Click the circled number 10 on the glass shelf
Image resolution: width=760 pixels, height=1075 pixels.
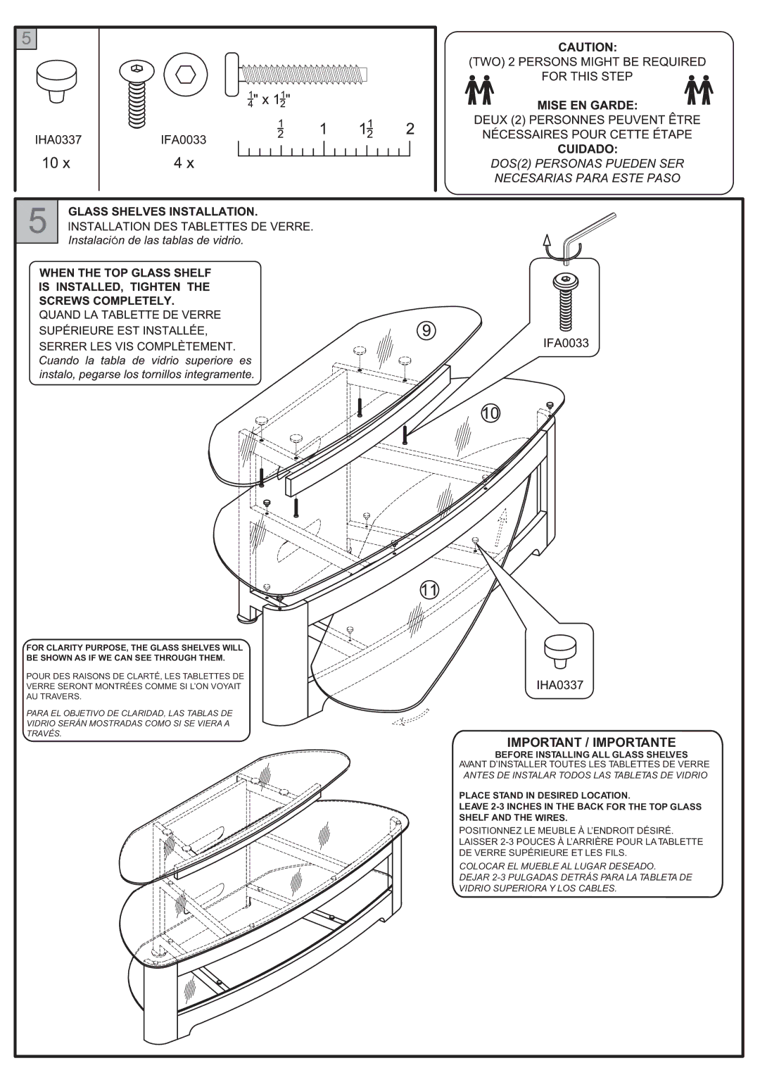tap(490, 413)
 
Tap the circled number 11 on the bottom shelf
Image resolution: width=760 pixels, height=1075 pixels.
tap(430, 590)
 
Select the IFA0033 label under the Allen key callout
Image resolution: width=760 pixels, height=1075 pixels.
tap(565, 343)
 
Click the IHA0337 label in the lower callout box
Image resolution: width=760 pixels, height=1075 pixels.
tap(559, 684)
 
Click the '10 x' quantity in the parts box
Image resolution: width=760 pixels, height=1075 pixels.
tap(56, 163)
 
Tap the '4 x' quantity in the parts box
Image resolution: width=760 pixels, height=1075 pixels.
tap(184, 163)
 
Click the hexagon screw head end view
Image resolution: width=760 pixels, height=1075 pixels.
tap(186, 75)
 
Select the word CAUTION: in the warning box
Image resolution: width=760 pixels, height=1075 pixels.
tap(587, 47)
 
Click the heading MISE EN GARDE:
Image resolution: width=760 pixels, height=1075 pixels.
tap(587, 106)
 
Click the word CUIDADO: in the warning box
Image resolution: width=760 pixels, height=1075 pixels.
tap(587, 149)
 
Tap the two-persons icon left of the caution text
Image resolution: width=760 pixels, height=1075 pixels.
tap(481, 90)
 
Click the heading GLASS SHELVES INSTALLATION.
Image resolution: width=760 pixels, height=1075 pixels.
tap(163, 211)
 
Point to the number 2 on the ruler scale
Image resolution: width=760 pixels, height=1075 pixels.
tap(410, 129)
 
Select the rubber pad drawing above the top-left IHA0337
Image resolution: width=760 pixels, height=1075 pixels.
tap(56, 80)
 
